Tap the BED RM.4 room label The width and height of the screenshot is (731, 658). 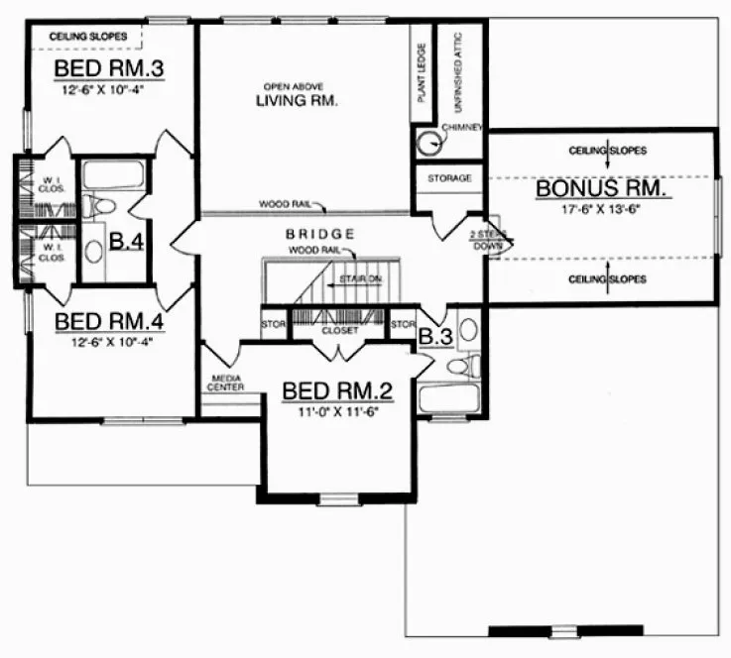coord(108,322)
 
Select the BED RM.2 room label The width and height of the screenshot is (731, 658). coord(336,388)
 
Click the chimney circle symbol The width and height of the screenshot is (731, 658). coord(429,144)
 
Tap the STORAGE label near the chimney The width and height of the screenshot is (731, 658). coord(449,179)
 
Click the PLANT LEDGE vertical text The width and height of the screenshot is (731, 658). coord(423,73)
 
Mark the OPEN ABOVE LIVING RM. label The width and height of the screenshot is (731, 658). coord(298,95)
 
